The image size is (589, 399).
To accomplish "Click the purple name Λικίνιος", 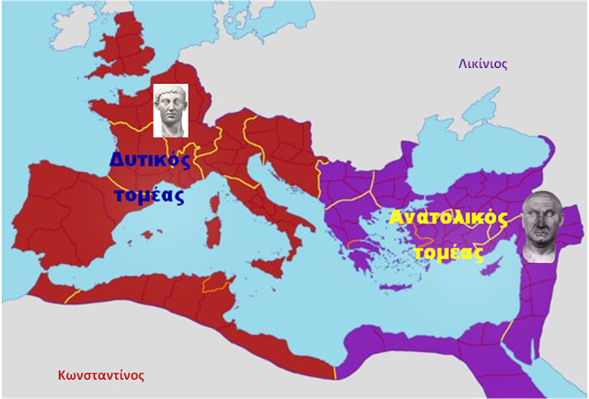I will pos(483,64).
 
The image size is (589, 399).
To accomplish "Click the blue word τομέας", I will pos(150,194).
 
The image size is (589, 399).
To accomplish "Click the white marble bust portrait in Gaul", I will pos(171,110).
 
